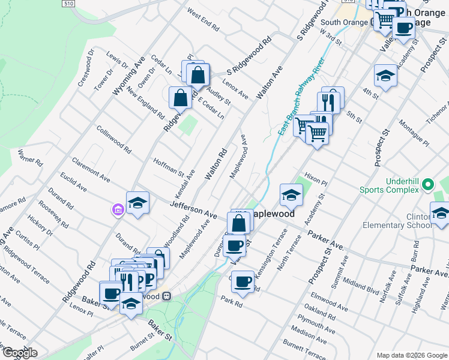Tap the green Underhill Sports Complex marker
coord(428,184)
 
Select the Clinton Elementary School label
coord(397,221)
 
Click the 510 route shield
coord(68,4)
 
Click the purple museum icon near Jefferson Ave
coord(117,209)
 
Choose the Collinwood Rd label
coord(113,139)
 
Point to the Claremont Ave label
coord(91,170)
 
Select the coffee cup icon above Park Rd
coord(243,282)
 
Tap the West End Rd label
coord(203,20)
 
